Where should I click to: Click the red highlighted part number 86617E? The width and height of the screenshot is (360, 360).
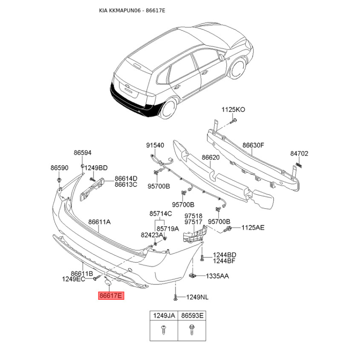pyautogui.click(x=111, y=296)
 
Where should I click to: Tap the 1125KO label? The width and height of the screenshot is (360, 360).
pyautogui.click(x=233, y=109)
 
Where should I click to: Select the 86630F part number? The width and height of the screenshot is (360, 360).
pyautogui.click(x=253, y=145)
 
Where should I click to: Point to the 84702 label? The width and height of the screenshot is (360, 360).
pyautogui.click(x=299, y=153)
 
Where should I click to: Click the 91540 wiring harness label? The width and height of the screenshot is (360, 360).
pyautogui.click(x=155, y=145)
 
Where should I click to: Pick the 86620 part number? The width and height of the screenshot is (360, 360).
pyautogui.click(x=211, y=157)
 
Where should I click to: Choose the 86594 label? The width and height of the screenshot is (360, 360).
pyautogui.click(x=82, y=153)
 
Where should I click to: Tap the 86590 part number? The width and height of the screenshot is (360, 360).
pyautogui.click(x=59, y=168)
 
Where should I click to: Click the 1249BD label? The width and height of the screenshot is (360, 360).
pyautogui.click(x=96, y=168)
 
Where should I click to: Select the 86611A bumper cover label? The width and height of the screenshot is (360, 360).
pyautogui.click(x=99, y=222)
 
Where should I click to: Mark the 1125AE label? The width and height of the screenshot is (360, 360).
pyautogui.click(x=253, y=228)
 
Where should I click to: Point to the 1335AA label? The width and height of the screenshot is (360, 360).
pyautogui.click(x=217, y=276)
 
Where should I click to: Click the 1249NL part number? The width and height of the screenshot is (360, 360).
pyautogui.click(x=197, y=297)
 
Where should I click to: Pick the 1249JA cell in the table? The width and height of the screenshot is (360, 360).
pyautogui.click(x=164, y=315)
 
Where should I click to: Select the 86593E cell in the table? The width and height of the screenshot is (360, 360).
pyautogui.click(x=192, y=315)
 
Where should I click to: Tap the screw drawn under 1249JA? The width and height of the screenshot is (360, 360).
pyautogui.click(x=164, y=329)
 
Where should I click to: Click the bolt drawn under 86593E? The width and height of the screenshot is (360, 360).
pyautogui.click(x=192, y=330)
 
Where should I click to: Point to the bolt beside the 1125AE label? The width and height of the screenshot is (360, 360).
pyautogui.click(x=228, y=229)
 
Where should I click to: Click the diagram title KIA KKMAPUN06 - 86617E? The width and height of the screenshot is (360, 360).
pyautogui.click(x=132, y=10)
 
